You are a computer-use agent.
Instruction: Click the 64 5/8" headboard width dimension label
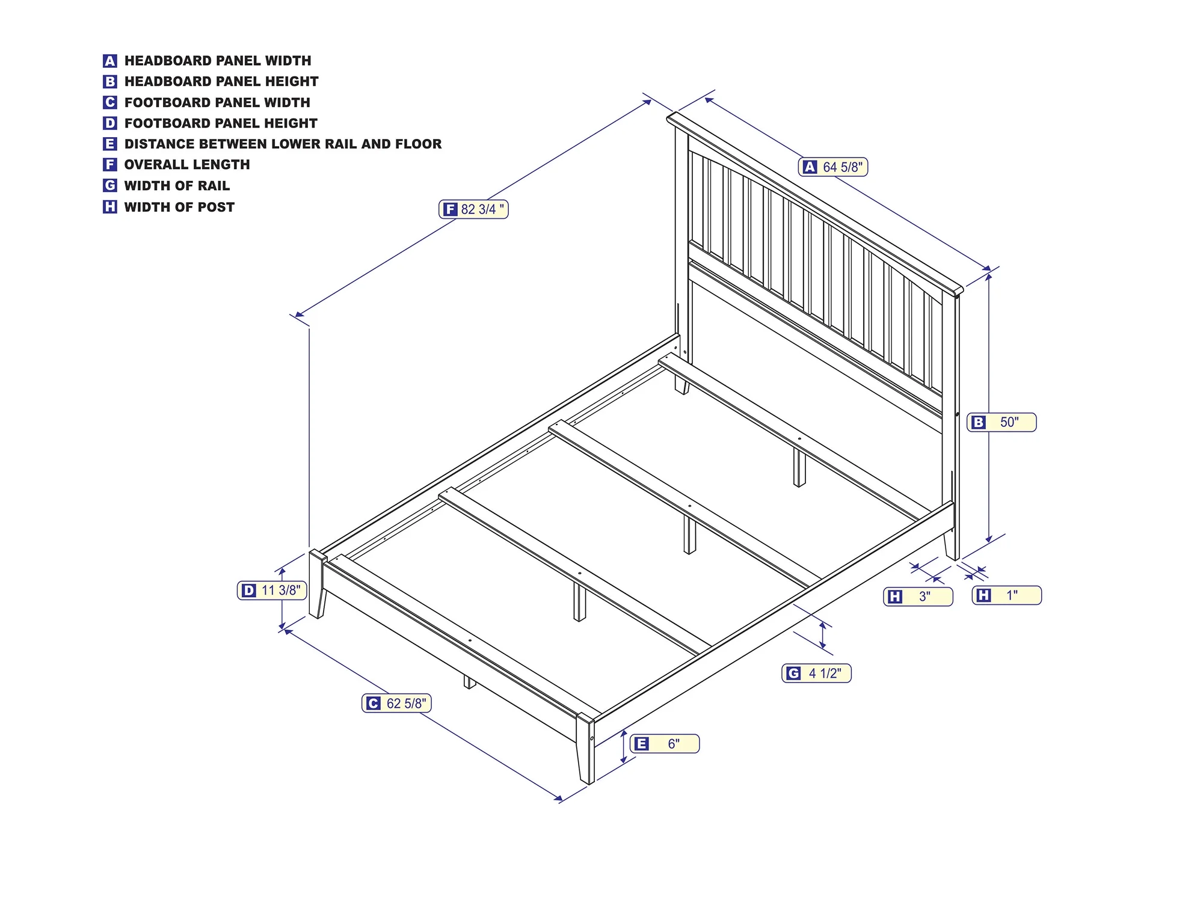point(833,167)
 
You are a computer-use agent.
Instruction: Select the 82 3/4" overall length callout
point(473,209)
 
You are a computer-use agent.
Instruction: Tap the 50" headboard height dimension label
point(1001,422)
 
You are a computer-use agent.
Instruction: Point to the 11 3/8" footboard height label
point(272,591)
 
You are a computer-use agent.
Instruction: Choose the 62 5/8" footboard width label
point(396,703)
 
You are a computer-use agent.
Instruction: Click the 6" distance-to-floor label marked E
point(665,744)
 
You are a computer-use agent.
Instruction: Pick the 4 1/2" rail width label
point(816,673)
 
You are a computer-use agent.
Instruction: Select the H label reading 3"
point(918,597)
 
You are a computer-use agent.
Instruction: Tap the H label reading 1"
point(1006,595)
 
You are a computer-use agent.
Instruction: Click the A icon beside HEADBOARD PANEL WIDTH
point(109,61)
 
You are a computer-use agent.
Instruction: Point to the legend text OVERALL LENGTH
point(187,165)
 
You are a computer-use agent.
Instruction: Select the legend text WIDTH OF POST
point(179,207)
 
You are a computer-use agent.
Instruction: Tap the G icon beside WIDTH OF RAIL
point(109,185)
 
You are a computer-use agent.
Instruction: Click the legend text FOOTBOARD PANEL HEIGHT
point(221,123)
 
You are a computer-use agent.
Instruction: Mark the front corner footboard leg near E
point(585,749)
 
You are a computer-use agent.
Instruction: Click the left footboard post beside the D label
point(317,584)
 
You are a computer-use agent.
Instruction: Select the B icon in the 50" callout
point(979,422)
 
